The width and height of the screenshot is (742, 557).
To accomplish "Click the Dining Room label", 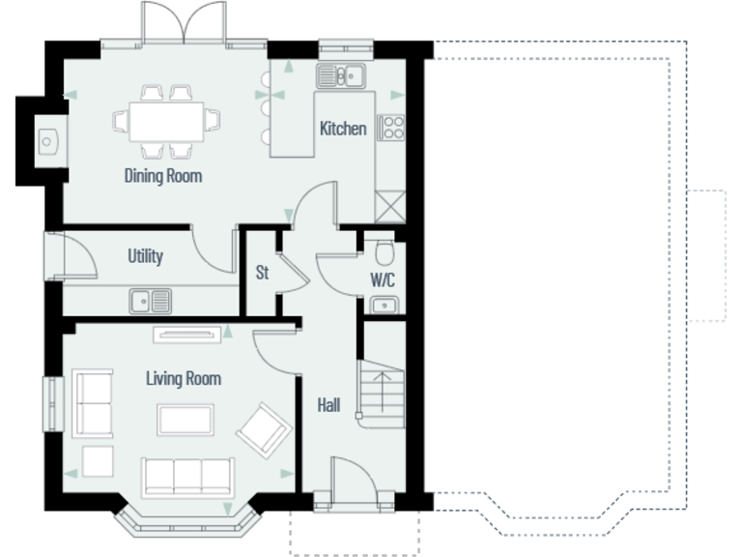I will [162, 176].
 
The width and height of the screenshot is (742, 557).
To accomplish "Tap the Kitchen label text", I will [343, 129].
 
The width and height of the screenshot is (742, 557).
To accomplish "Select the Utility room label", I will [145, 256].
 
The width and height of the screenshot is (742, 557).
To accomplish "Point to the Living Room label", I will [183, 378].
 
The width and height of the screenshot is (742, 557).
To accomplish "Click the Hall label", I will [328, 406].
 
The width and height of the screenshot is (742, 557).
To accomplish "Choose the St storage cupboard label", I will [262, 273].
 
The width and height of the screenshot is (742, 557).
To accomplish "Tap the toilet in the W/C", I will [385, 253].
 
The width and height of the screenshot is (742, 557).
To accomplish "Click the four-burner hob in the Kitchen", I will [390, 128].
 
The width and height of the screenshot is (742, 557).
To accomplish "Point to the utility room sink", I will [150, 301].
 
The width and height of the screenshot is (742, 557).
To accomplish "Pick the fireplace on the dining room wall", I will [46, 141].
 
